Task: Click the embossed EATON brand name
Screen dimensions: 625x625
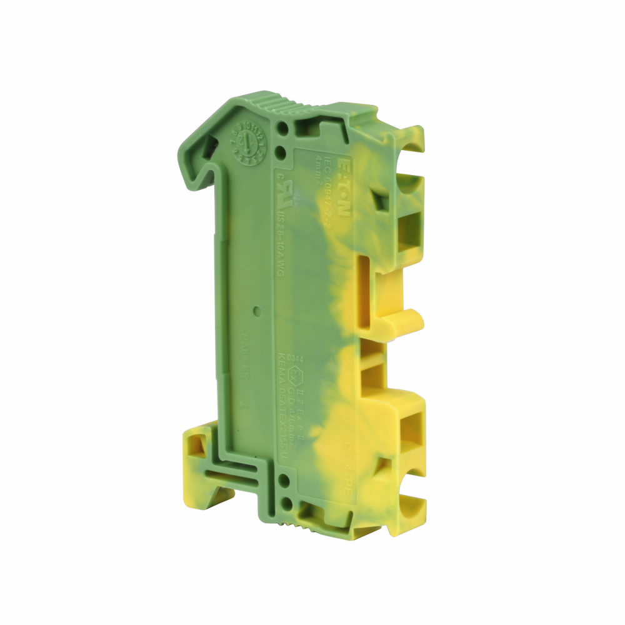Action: tap(344, 187)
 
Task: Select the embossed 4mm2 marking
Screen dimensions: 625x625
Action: tap(318, 169)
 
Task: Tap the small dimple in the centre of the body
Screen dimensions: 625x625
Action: tap(257, 309)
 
